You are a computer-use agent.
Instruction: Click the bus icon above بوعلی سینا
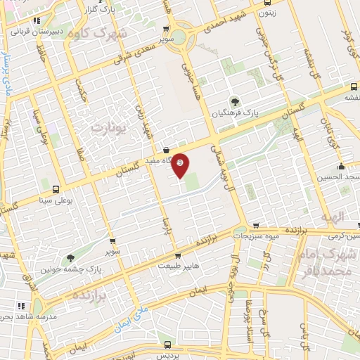click(x=54, y=189)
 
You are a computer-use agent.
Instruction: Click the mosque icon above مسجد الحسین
click(x=341, y=167)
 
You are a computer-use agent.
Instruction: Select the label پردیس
click(x=167, y=355)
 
